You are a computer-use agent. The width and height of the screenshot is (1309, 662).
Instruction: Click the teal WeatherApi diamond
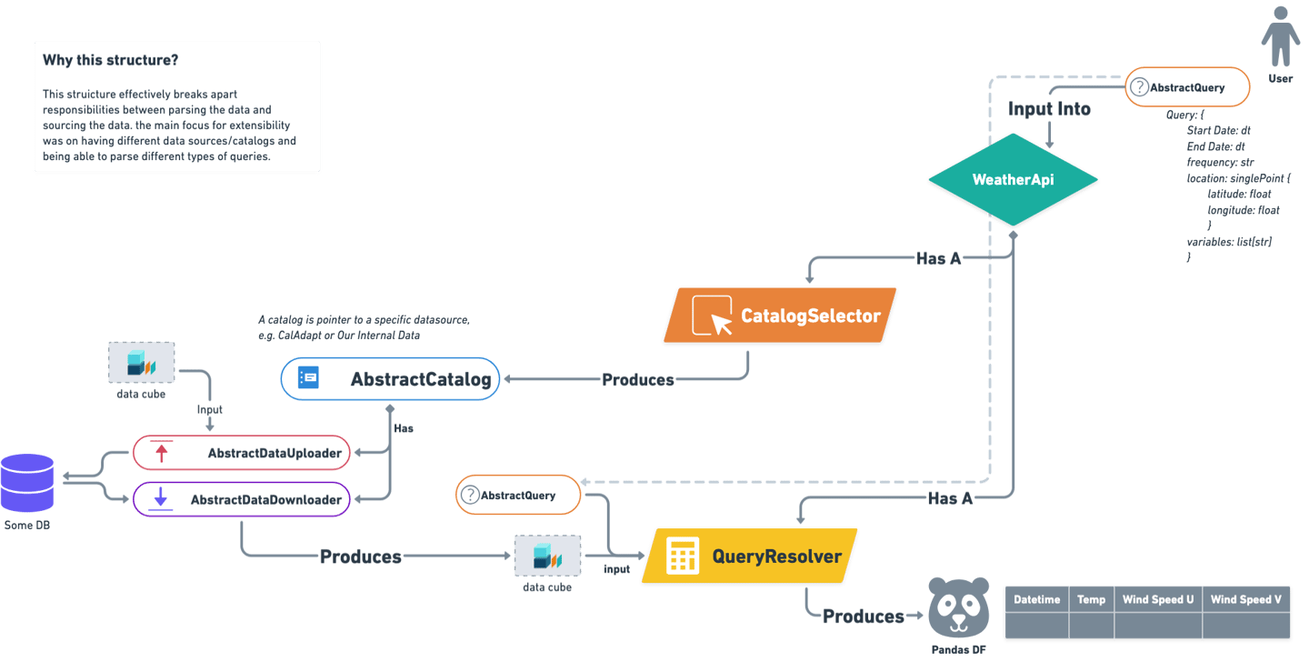(1013, 179)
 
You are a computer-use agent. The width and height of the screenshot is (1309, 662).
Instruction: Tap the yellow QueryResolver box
(750, 557)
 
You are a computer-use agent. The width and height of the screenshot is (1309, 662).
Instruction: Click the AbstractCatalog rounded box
(390, 379)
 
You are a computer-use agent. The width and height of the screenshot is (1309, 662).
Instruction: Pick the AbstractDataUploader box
(241, 452)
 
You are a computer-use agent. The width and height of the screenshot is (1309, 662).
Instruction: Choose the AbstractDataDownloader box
(242, 499)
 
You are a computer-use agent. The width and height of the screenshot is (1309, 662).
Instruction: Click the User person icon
(1280, 37)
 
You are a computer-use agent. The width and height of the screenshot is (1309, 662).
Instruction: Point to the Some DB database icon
(27, 483)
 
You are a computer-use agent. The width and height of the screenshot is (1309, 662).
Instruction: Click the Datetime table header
(1036, 599)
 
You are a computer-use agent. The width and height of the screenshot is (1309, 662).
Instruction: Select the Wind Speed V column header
(1245, 599)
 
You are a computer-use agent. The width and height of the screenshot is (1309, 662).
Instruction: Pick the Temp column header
(1091, 599)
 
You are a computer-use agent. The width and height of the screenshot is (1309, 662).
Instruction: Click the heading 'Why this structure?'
(110, 61)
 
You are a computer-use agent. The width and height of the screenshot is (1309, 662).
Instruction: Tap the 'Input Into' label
(1049, 108)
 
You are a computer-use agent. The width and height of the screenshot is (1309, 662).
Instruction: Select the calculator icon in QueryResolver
(683, 557)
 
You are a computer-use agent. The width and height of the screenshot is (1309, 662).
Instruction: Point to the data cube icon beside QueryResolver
(547, 555)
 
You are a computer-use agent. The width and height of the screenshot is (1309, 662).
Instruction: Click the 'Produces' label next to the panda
(863, 617)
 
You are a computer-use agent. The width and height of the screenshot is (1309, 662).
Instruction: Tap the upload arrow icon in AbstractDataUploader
(163, 452)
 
